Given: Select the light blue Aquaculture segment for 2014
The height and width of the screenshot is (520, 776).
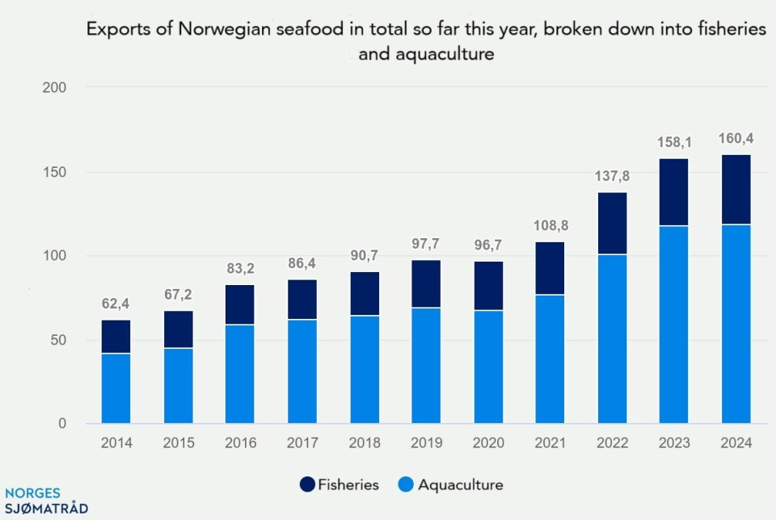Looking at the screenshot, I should pos(116,388).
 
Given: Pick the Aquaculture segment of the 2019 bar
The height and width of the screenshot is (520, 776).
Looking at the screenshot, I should pos(427,365).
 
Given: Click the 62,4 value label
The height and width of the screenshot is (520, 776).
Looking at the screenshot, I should pos(116,304).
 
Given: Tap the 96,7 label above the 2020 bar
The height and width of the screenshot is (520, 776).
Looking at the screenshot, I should pos(489,245).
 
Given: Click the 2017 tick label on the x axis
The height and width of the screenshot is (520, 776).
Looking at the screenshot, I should pos(302,443).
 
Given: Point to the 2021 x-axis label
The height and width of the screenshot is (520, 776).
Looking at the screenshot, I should pos(550,443).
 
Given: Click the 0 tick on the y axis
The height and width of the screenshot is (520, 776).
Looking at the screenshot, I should pos(62,424).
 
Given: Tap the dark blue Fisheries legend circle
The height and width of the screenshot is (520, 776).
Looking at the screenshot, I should pos(306,485).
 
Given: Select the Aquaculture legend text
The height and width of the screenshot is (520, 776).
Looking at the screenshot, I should pos(461,485).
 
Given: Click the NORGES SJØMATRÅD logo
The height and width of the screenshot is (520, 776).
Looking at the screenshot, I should pos(45,501).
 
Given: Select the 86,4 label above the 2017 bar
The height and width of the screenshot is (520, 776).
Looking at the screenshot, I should pos(302,263).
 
